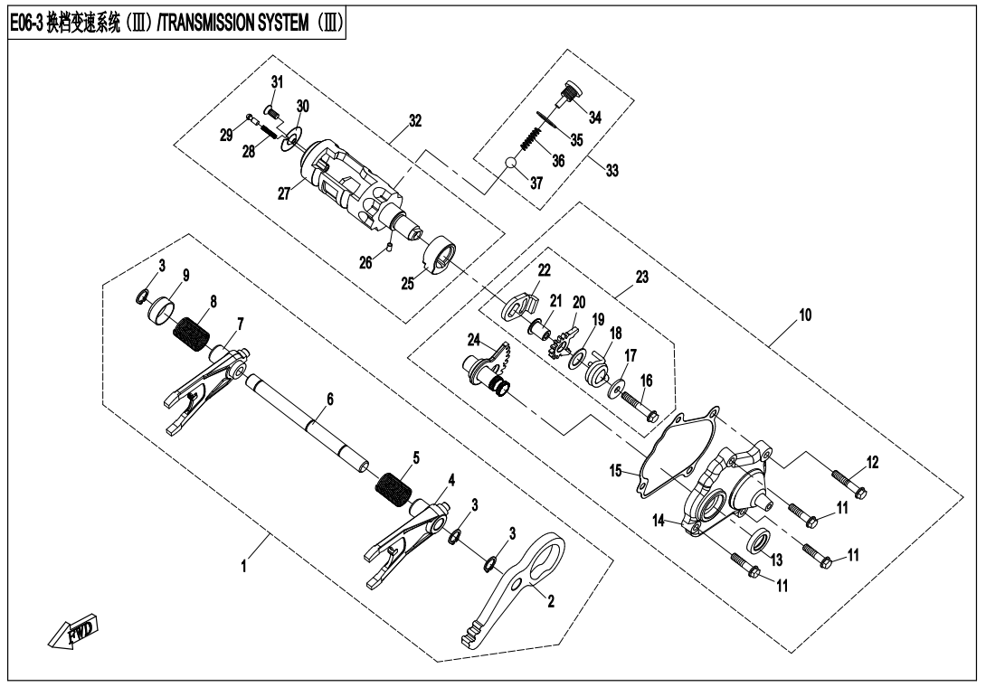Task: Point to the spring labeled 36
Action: (x=532, y=140)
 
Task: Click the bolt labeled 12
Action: (x=846, y=480)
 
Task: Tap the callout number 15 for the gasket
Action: (x=617, y=471)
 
